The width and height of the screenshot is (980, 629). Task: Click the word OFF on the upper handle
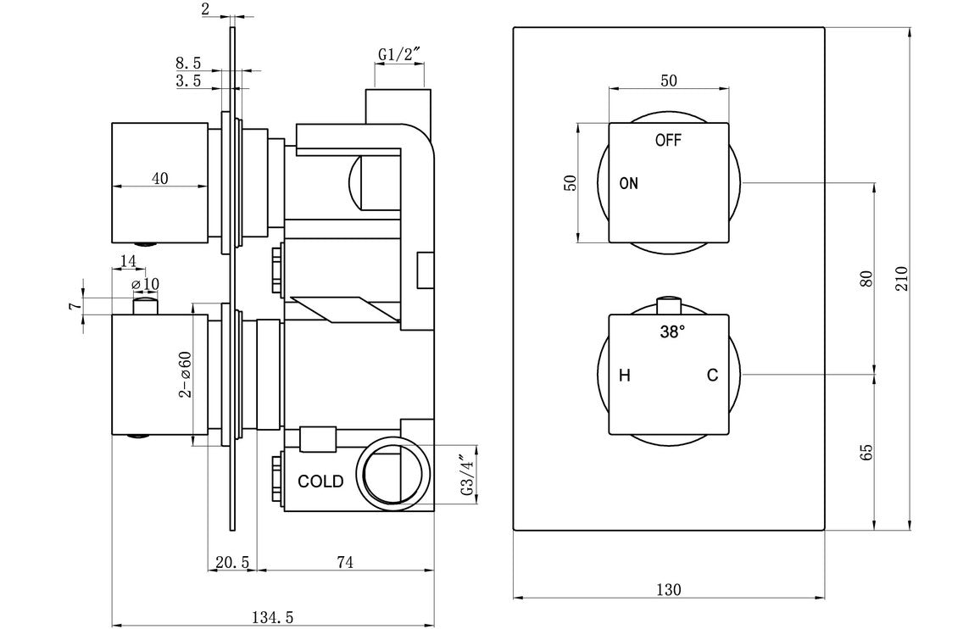click(x=668, y=141)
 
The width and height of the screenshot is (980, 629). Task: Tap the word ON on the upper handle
click(x=628, y=183)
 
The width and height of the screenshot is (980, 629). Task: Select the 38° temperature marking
click(x=670, y=333)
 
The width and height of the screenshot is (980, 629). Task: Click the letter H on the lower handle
click(x=624, y=376)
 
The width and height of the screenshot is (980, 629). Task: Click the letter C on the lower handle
click(x=713, y=376)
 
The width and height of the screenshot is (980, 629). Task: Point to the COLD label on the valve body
click(x=320, y=481)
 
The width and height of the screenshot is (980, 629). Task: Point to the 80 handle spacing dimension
click(x=866, y=279)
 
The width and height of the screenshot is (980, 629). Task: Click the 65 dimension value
click(x=866, y=452)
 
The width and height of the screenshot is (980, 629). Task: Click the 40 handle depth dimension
click(x=159, y=178)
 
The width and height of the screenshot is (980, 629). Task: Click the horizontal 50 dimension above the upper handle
click(x=668, y=81)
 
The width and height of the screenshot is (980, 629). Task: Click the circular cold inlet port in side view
click(x=393, y=473)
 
